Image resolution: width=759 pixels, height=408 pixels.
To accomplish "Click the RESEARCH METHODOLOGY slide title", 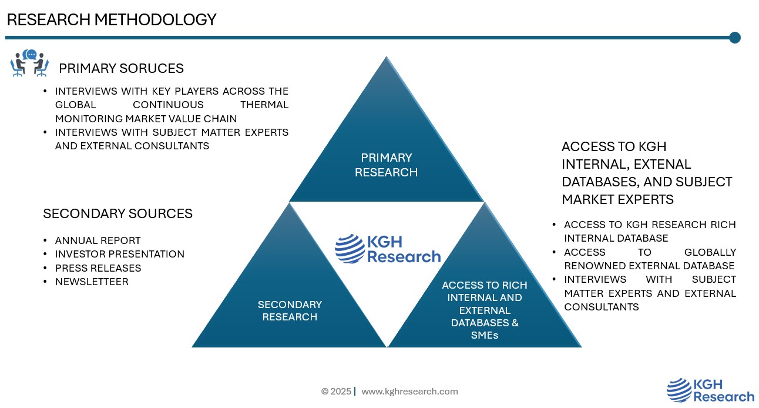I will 112,19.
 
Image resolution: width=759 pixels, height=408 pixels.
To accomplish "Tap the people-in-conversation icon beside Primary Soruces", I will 29,63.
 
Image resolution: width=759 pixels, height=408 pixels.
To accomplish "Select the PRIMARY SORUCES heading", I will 121,68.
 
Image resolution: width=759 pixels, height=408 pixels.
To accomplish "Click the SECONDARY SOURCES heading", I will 117,213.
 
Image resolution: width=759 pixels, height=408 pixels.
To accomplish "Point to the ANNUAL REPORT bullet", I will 98,240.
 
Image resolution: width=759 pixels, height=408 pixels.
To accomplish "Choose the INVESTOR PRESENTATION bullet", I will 119,254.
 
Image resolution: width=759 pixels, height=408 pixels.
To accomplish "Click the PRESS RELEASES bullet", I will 98,268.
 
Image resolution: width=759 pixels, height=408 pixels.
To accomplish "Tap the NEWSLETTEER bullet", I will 92,282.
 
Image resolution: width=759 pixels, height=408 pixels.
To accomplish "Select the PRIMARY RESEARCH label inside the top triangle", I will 387,165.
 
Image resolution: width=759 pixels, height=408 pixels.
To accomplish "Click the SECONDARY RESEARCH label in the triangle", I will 290,310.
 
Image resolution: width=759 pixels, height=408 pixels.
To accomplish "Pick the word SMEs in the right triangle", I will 485,335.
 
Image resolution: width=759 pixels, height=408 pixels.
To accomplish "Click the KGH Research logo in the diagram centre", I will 388,249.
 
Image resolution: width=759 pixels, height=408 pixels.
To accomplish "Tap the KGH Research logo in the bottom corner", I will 710,390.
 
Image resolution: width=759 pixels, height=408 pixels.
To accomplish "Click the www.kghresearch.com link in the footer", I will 409,392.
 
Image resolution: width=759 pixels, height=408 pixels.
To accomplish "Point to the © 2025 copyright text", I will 336,392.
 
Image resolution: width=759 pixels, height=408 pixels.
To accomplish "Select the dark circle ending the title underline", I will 734,38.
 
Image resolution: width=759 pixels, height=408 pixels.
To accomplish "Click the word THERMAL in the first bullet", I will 264,105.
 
